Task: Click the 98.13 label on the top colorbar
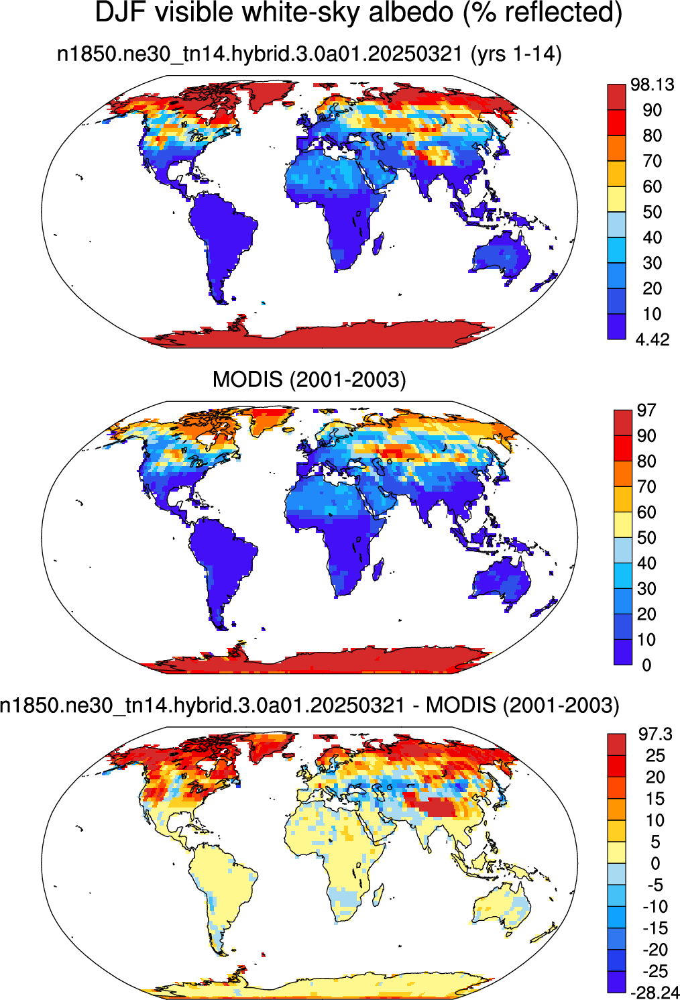point(653,85)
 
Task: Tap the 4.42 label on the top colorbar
point(653,340)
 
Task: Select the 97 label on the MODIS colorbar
point(646,410)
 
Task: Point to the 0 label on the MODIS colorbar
point(646,665)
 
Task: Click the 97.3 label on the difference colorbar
point(655,734)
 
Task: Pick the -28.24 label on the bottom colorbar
point(655,992)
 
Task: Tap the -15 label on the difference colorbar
point(655,928)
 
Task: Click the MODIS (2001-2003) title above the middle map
point(309,380)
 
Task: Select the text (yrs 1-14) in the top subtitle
point(516,54)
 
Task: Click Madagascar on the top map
point(378,241)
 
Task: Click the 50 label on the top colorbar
point(652,212)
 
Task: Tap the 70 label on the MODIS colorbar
point(646,487)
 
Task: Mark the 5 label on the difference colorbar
point(655,842)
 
